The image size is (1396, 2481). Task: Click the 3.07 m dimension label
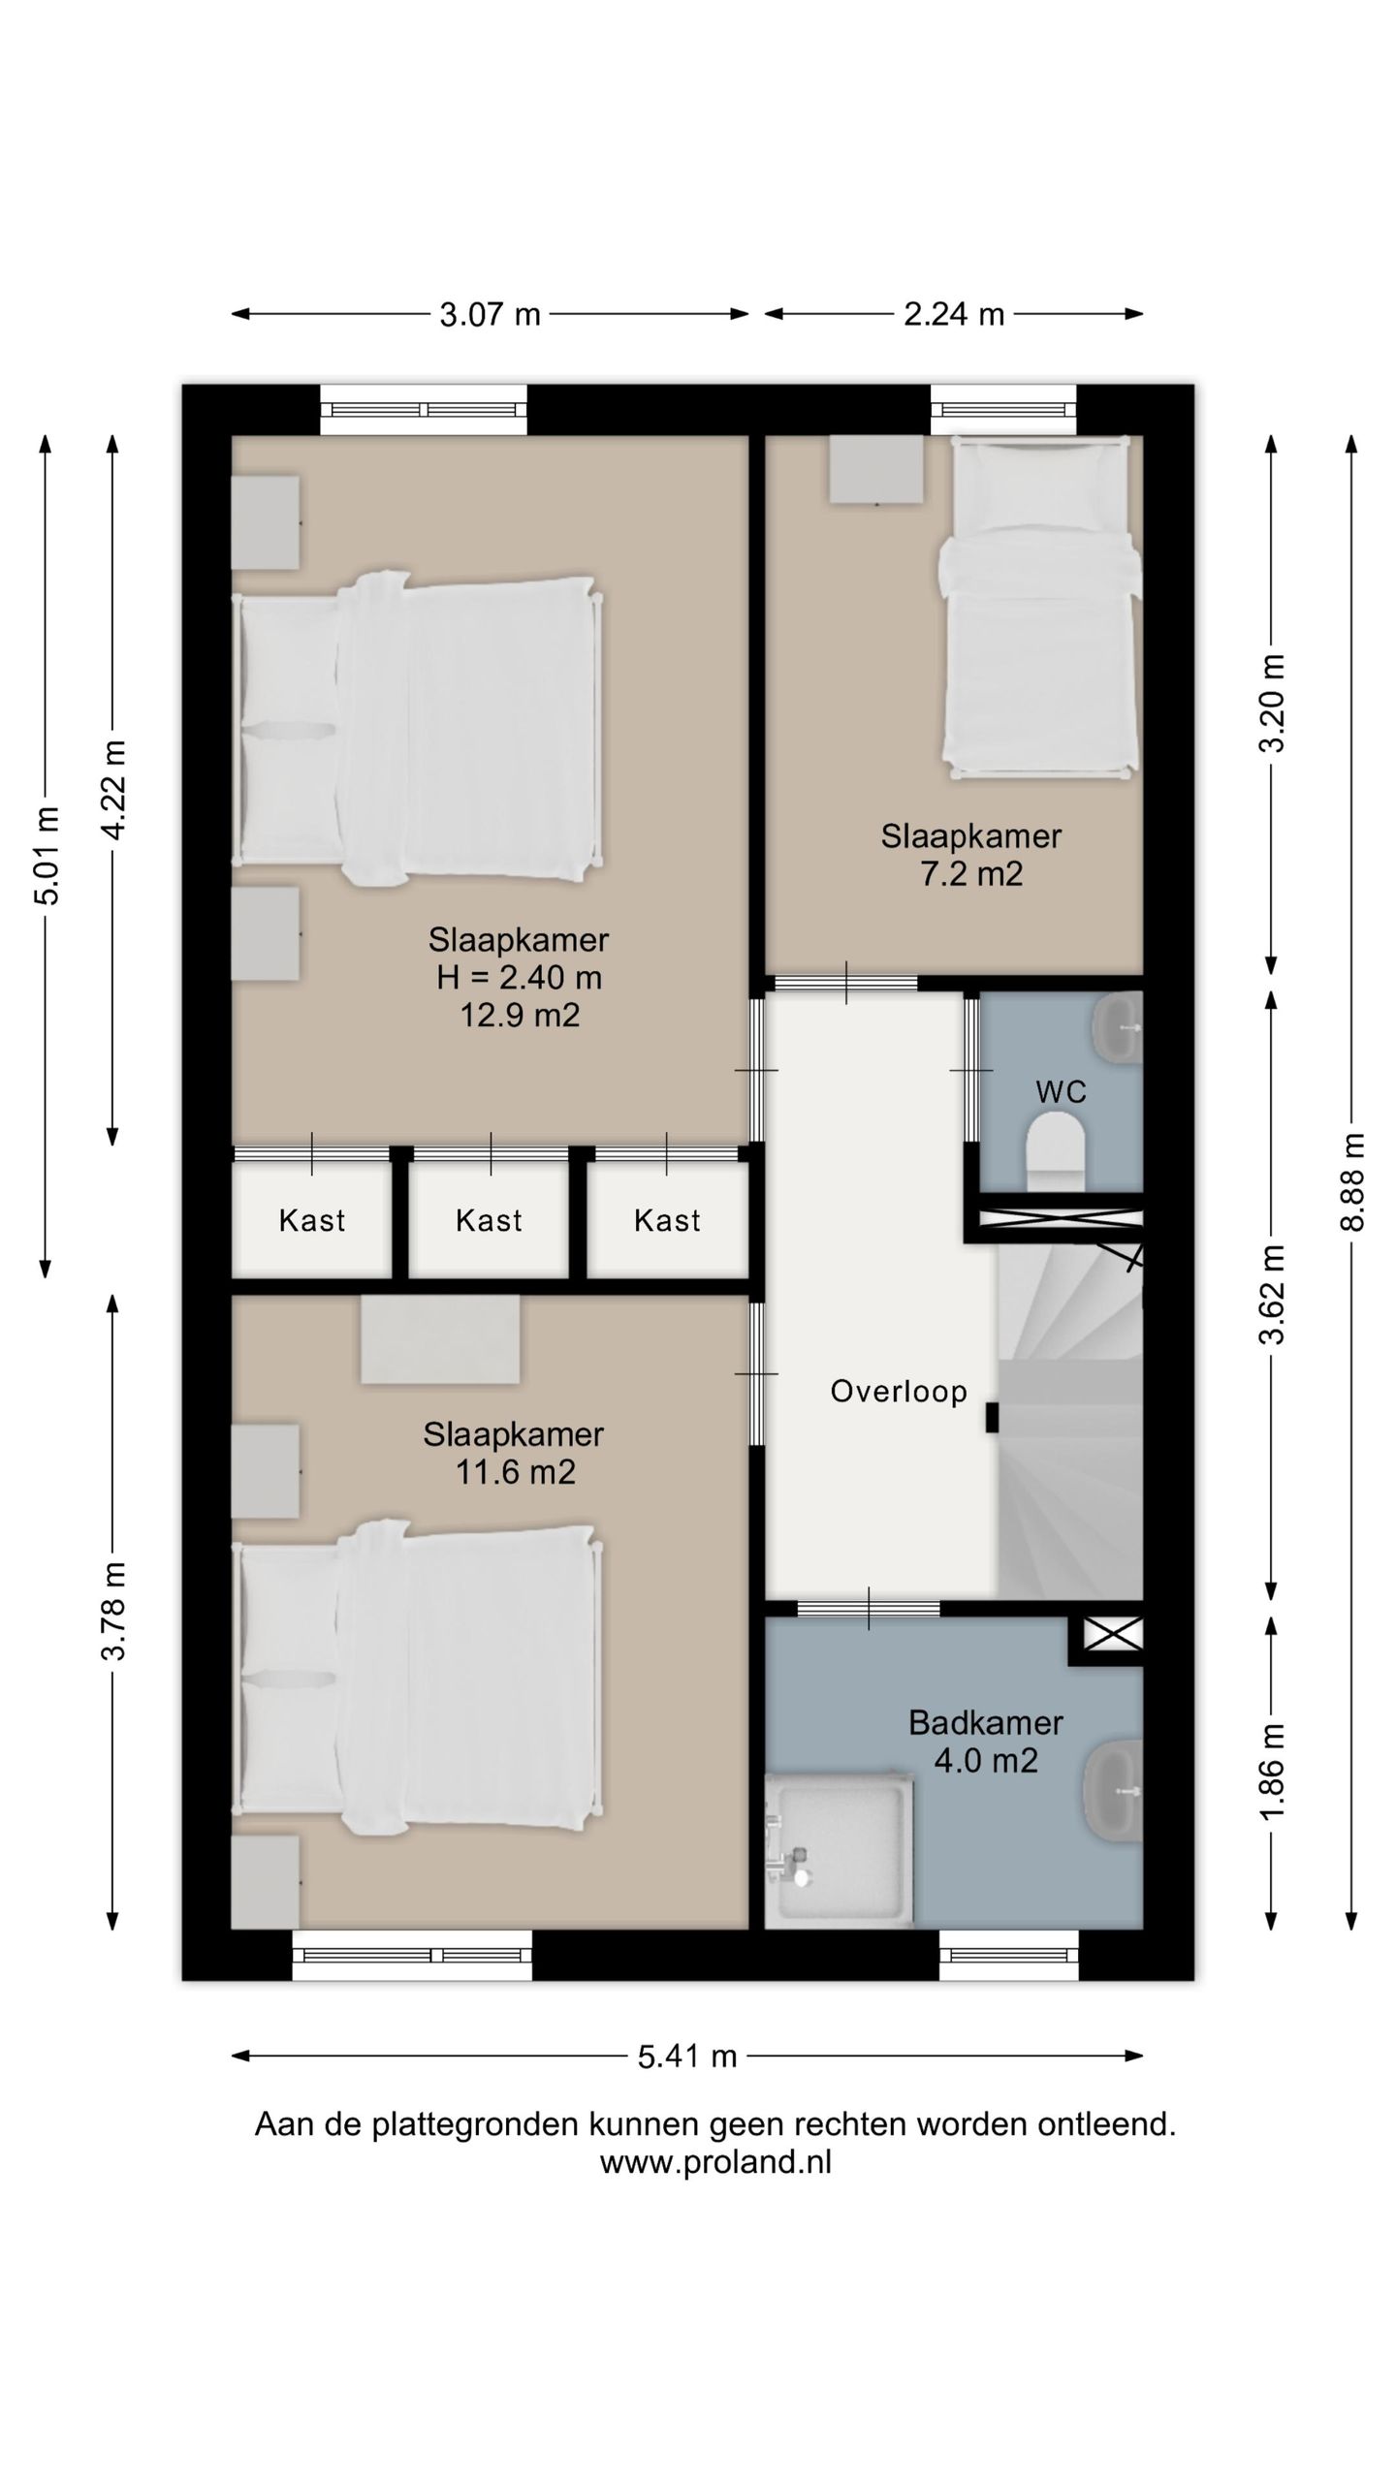pyautogui.click(x=490, y=315)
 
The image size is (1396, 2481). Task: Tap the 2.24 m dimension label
pyautogui.click(x=953, y=315)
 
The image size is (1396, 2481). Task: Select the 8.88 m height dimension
pyautogui.click(x=1352, y=1182)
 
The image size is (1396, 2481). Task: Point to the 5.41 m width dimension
pyautogui.click(x=687, y=2056)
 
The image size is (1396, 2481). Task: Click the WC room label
pyautogui.click(x=1061, y=1092)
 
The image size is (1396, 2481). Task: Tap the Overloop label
pyautogui.click(x=899, y=1392)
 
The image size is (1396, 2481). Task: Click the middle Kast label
pyautogui.click(x=489, y=1220)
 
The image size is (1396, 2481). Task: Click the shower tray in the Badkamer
pyautogui.click(x=839, y=1850)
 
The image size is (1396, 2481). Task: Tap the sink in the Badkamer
pyautogui.click(x=1113, y=1789)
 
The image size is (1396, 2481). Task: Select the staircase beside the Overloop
pyautogui.click(x=1070, y=1421)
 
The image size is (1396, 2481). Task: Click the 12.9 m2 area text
pyautogui.click(x=520, y=1016)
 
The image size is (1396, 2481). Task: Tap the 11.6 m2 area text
pyautogui.click(x=515, y=1472)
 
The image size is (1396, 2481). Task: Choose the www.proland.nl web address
pyautogui.click(x=715, y=2162)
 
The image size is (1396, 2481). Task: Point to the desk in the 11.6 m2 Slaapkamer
pyautogui.click(x=440, y=1339)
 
